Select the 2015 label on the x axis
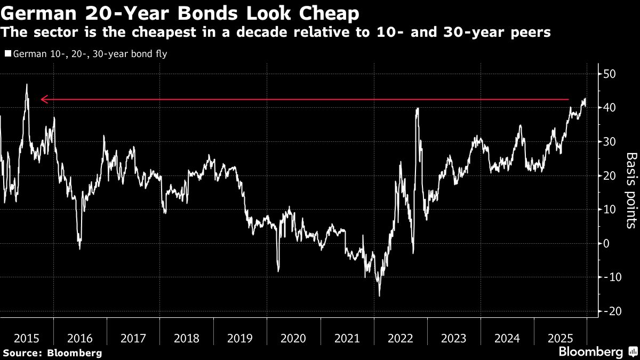(27, 338)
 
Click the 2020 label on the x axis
(293, 338)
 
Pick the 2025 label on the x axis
(560, 338)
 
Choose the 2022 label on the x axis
(400, 338)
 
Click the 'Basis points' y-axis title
(631, 190)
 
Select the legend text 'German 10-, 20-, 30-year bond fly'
(89, 54)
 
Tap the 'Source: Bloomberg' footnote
(52, 353)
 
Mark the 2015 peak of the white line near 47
(26, 84)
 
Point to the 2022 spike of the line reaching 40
(417, 108)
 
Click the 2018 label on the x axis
(187, 338)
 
